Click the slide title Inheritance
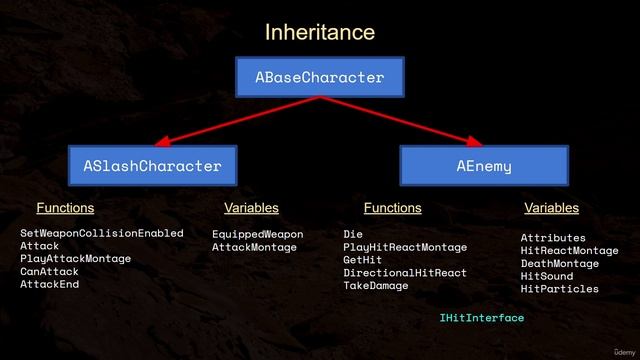[x=320, y=33]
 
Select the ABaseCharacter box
[x=319, y=77]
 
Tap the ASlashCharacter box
[x=152, y=165]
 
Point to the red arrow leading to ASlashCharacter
[x=237, y=121]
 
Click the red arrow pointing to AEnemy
[x=400, y=121]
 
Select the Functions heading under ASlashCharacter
[x=65, y=208]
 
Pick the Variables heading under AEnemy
[x=551, y=208]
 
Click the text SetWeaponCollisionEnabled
[x=102, y=233]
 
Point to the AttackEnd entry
[x=49, y=284]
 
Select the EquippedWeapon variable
[x=257, y=234]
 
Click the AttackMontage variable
[x=254, y=247]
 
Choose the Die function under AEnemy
[x=353, y=234]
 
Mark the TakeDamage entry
[x=376, y=286]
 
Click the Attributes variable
[x=553, y=238]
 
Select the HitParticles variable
[x=560, y=289]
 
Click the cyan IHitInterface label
[x=481, y=318]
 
